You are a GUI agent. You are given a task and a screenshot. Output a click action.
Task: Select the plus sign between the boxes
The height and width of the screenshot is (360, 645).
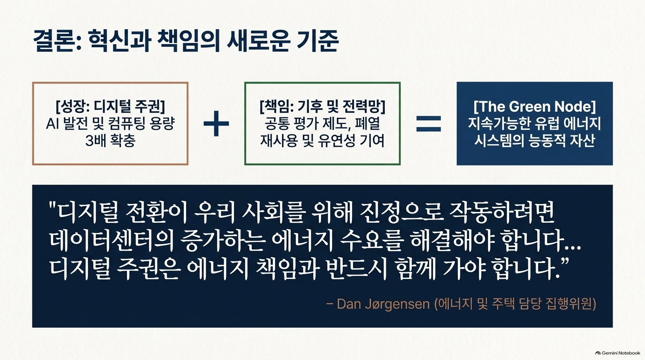pyautogui.click(x=216, y=124)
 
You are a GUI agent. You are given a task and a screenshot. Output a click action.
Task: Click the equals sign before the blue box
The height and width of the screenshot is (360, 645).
pyautogui.click(x=429, y=124)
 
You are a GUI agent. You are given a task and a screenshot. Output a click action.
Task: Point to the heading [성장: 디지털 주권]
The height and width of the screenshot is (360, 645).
pyautogui.click(x=110, y=106)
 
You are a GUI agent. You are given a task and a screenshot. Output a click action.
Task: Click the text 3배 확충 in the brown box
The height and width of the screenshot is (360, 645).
pyautogui.click(x=110, y=141)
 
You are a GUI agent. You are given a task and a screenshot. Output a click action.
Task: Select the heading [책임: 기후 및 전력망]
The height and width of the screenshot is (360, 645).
pyautogui.click(x=322, y=106)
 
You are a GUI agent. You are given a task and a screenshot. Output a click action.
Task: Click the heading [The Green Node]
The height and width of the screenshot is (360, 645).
pyautogui.click(x=535, y=106)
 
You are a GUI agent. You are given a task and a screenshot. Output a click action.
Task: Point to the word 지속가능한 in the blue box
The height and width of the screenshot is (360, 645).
pyautogui.click(x=498, y=124)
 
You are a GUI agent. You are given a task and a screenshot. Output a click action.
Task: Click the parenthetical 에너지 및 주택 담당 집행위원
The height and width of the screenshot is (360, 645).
pyautogui.click(x=515, y=304)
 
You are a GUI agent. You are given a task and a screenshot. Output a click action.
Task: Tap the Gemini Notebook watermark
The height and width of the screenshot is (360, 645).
pyautogui.click(x=618, y=353)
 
